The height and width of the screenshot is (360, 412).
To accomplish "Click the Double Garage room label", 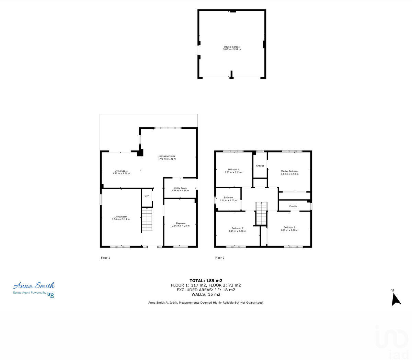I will (232, 47).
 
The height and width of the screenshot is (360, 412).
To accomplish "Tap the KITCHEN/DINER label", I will (167, 156).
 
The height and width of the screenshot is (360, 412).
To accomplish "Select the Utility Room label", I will (180, 188).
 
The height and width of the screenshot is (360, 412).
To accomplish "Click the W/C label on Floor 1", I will (147, 196).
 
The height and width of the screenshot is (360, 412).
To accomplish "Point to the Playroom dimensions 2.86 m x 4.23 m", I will (181, 226).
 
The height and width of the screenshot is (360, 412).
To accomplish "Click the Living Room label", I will (121, 217).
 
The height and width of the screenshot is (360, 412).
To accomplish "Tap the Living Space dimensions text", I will (121, 173).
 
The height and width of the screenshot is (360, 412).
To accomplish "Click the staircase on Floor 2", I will (261, 214).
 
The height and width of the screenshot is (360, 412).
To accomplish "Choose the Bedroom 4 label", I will (233, 169).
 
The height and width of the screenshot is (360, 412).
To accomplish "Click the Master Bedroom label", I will (290, 171).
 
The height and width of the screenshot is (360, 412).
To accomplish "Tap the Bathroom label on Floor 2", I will (228, 198).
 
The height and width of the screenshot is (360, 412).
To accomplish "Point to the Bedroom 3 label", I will (237, 228).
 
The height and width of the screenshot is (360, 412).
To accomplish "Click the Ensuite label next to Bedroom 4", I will (260, 166).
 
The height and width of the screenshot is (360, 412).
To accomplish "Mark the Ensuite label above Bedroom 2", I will (293, 206).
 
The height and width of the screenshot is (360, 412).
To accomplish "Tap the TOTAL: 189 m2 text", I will (206, 281).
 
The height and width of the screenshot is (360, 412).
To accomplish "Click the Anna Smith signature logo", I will (34, 286).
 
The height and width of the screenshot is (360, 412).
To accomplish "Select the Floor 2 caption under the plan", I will (220, 258).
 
